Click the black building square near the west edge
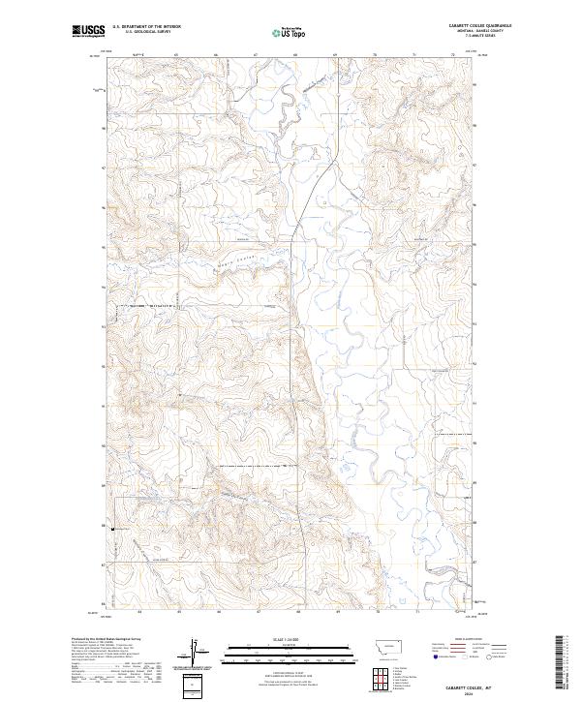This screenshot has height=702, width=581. [x=112, y=530]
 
